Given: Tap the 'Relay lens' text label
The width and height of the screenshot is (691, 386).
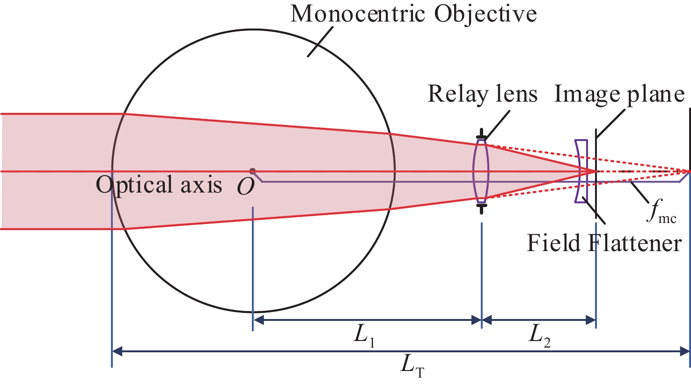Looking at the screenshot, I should tap(483, 94).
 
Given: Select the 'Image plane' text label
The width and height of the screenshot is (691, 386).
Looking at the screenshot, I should tap(619, 94).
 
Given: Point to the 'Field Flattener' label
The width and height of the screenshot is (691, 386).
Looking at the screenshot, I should tap(604, 243).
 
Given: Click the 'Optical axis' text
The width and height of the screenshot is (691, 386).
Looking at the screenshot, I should tap(159, 185).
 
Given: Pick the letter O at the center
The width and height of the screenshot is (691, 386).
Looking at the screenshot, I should tap(246, 187).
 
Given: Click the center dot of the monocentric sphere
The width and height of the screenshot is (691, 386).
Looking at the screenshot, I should tap(253, 171).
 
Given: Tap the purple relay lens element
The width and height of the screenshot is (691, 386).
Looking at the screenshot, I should tap(481, 171).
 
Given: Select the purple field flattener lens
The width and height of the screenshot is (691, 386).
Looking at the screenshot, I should tap(581, 171).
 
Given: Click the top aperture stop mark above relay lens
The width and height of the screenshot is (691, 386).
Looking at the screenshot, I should tap(481, 137).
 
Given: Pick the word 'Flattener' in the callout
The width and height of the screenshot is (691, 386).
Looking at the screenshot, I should tap(634, 243).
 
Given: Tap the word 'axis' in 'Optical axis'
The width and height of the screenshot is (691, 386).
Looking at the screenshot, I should tap(202, 185).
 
